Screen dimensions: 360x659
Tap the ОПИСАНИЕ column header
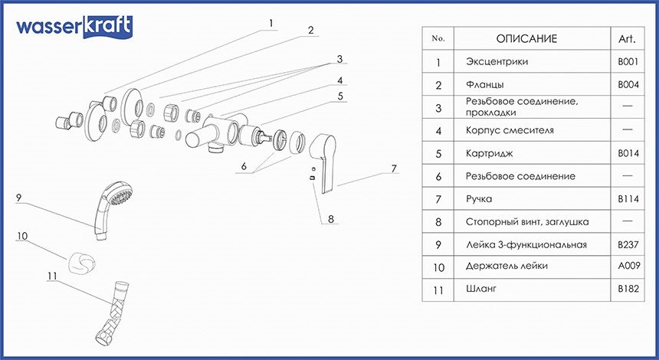[526, 38]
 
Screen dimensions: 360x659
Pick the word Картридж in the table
[487, 153]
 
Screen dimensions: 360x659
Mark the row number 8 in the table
[438, 222]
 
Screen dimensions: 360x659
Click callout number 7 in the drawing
[393, 168]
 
